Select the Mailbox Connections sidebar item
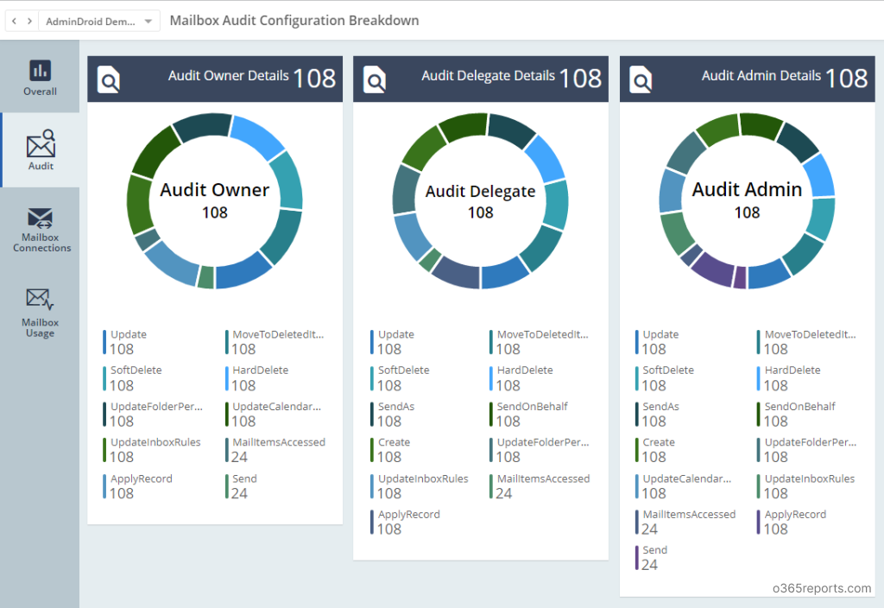coord(41,229)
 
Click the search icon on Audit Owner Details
coord(109,79)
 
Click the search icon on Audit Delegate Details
coord(375,79)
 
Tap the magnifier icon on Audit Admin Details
coord(641,79)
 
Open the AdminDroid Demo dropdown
coord(99,21)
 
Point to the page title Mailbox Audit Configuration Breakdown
coord(294,21)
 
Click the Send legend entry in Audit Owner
coord(244,478)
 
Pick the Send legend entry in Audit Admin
coord(654,550)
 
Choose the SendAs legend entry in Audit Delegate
coord(395,407)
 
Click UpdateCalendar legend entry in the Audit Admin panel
coord(686,478)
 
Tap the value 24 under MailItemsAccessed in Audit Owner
coord(239,457)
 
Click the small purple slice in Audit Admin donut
coord(740,278)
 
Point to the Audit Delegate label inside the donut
coord(481,192)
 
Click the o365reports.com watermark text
coord(822,589)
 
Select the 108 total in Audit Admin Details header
coord(846,78)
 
